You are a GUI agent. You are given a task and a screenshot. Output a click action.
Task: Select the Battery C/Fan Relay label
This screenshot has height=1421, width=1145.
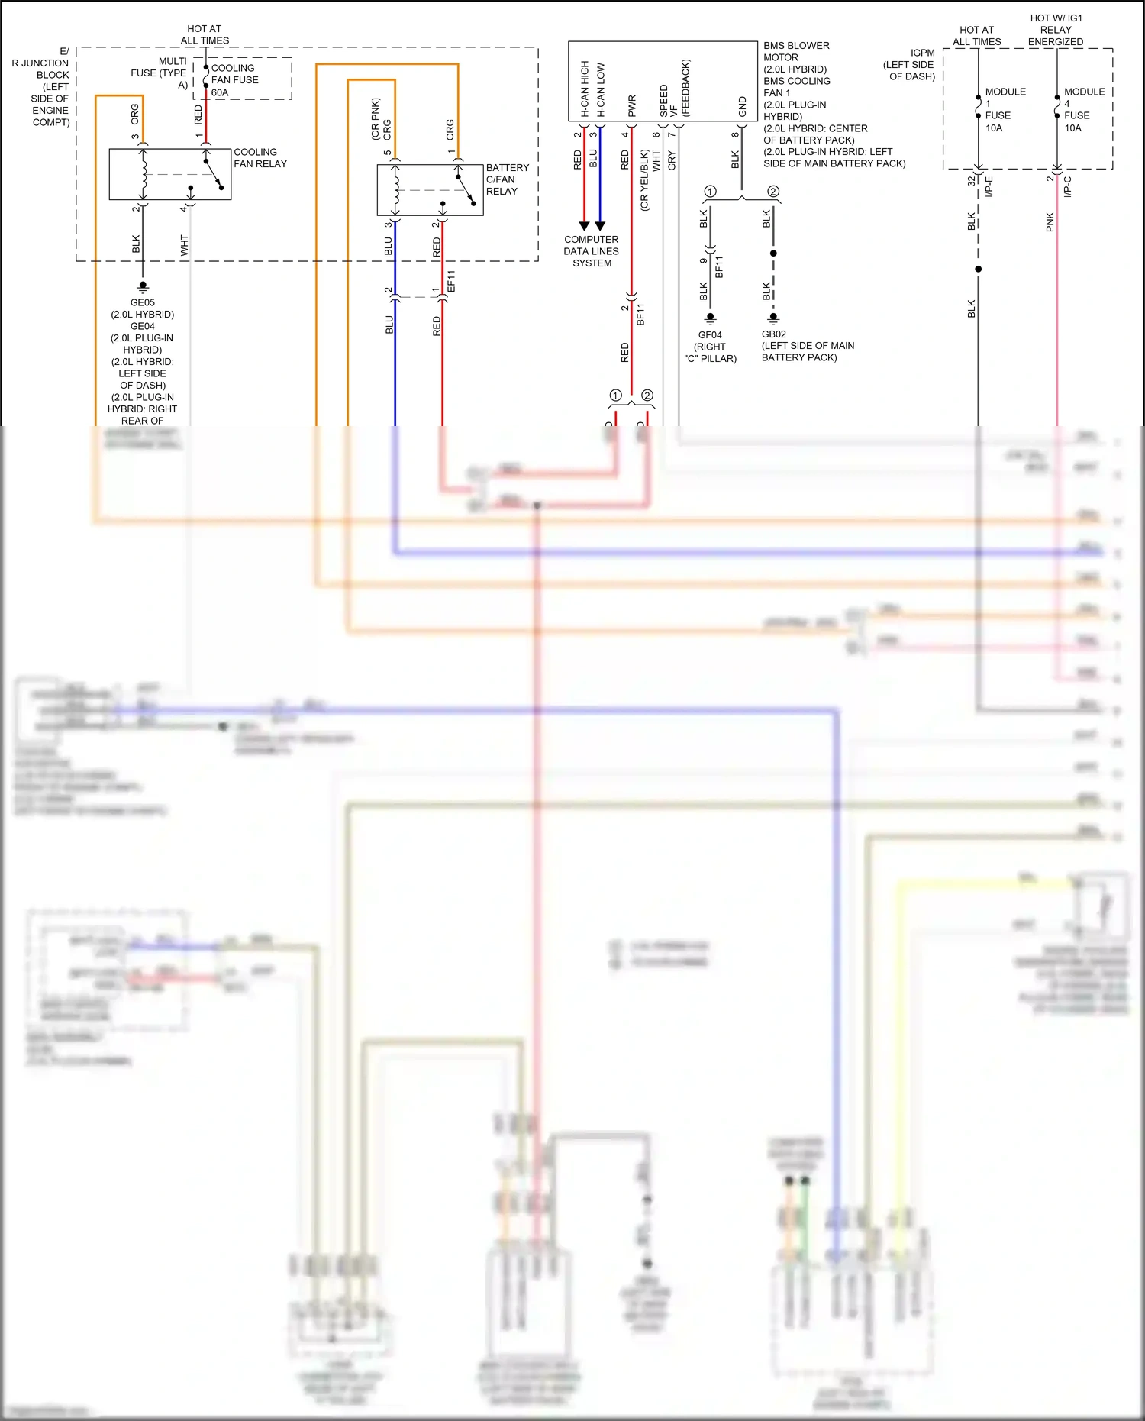(507, 179)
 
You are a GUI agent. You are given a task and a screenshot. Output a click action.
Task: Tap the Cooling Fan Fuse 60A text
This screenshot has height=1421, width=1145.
(234, 80)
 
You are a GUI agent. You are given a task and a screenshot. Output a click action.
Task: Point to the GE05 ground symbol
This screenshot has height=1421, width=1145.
(143, 287)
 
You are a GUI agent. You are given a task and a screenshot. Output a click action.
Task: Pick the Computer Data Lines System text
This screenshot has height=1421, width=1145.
(592, 251)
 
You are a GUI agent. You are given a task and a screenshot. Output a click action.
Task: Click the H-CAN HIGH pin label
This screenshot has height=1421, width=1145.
(585, 89)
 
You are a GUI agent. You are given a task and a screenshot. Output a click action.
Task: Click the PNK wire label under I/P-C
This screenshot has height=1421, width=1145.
(1050, 222)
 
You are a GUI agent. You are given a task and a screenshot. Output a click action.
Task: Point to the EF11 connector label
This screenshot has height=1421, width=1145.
(450, 281)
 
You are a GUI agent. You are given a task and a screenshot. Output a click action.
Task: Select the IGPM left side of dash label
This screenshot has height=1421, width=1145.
(910, 65)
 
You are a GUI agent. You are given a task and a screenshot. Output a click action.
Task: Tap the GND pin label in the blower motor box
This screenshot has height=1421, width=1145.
(742, 107)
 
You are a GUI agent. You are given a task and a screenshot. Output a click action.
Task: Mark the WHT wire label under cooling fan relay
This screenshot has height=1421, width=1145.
(184, 245)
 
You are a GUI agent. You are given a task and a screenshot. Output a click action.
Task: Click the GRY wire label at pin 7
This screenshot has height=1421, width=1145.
(672, 160)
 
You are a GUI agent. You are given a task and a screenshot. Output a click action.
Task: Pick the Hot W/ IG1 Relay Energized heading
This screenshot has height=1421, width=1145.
(1056, 30)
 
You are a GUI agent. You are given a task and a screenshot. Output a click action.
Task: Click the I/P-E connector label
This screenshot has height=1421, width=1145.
(989, 186)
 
